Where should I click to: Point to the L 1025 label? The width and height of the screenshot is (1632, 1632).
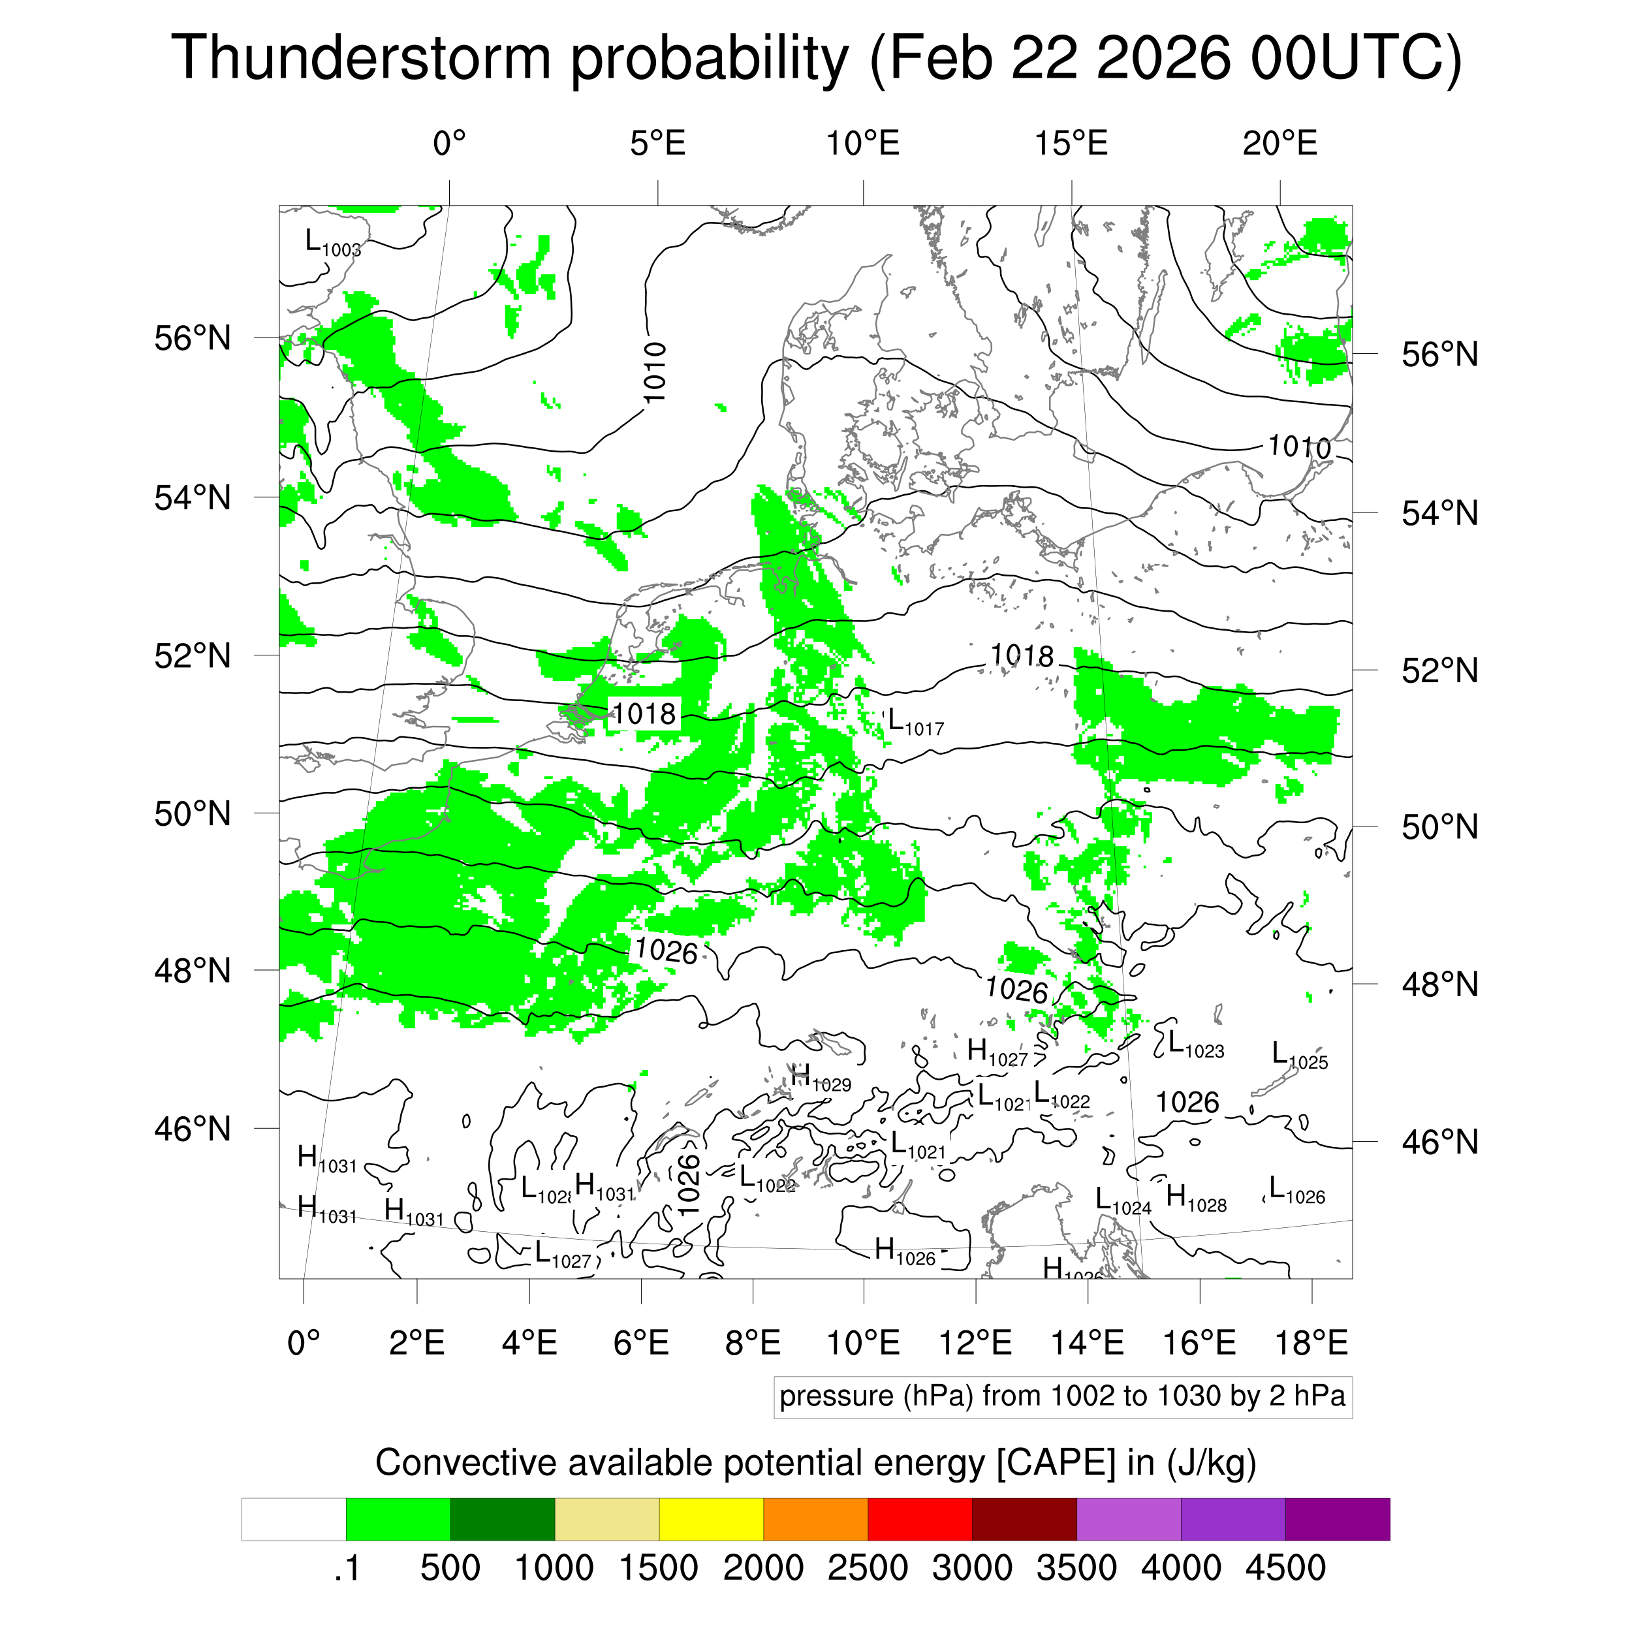click(1299, 1056)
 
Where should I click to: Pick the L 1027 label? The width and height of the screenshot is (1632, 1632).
click(563, 1255)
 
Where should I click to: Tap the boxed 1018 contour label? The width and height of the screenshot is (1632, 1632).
click(644, 715)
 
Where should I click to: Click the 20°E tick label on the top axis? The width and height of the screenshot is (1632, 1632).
click(1279, 144)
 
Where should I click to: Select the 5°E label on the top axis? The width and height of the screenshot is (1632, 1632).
click(657, 144)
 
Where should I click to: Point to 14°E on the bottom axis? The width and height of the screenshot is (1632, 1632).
click(1087, 1343)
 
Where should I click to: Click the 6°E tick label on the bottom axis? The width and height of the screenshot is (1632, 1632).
click(641, 1343)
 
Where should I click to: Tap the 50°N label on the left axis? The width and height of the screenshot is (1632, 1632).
click(193, 813)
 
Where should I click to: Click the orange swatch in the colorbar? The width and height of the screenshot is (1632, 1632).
click(815, 1520)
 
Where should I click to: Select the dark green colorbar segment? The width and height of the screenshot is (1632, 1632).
click(503, 1520)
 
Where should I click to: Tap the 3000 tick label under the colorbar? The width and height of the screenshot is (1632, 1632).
click(971, 1569)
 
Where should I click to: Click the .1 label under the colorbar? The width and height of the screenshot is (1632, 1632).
click(347, 1569)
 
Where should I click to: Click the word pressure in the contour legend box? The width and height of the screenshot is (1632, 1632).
click(836, 1396)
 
